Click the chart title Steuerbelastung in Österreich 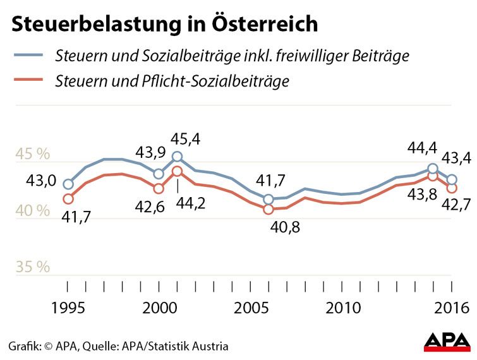[164, 25]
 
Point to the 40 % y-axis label [33, 210]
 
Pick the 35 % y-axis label [33, 267]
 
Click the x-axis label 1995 [68, 308]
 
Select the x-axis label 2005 [251, 308]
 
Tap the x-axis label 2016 [452, 308]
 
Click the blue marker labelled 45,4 [178, 157]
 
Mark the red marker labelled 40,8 [269, 209]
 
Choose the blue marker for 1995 [68, 184]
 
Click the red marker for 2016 [452, 188]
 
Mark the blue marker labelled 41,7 [269, 199]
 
